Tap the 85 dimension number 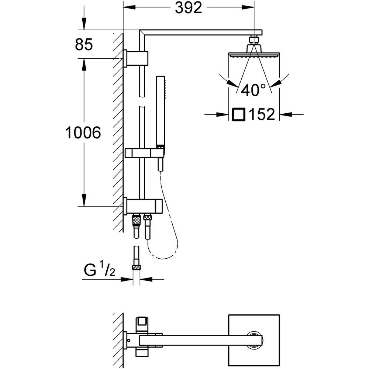(84, 44)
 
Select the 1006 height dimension (83, 132)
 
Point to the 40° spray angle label (253, 90)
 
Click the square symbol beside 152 (239, 114)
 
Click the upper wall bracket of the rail (135, 58)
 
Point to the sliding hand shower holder (144, 153)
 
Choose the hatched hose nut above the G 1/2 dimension (137, 267)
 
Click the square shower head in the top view (254, 340)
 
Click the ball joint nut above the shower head (254, 39)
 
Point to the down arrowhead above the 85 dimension (84, 24)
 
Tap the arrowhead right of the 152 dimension (286, 115)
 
